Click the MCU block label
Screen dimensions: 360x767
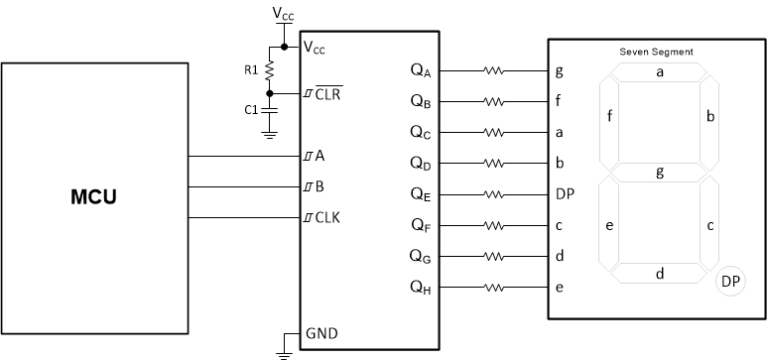pos(96,196)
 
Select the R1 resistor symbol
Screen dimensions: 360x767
pos(270,70)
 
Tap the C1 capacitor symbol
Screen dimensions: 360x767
pos(270,109)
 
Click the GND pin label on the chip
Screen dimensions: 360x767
pos(322,333)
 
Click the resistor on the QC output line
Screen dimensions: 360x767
pos(494,133)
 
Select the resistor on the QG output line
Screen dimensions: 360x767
pos(494,257)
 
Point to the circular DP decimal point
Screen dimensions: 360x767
pos(730,283)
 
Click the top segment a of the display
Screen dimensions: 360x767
pos(659,72)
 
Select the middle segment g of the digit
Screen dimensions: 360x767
pos(659,173)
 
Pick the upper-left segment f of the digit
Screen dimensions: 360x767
pos(608,118)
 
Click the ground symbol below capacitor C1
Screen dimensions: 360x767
pos(270,134)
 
